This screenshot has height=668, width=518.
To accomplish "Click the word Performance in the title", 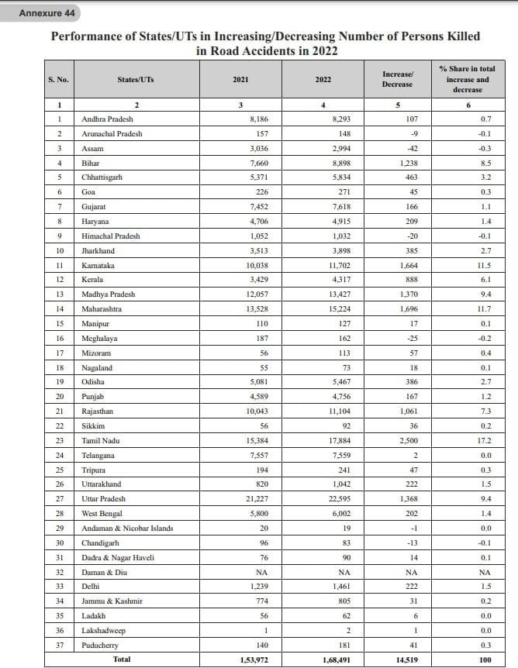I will point(85,36).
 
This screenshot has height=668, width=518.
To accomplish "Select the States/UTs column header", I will point(136,79).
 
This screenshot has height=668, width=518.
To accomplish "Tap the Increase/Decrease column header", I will point(397,79).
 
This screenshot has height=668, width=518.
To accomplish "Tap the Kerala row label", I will point(92,279).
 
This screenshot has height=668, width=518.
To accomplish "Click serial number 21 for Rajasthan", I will point(60,411).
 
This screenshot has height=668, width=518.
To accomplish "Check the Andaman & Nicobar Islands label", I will point(127,528).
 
